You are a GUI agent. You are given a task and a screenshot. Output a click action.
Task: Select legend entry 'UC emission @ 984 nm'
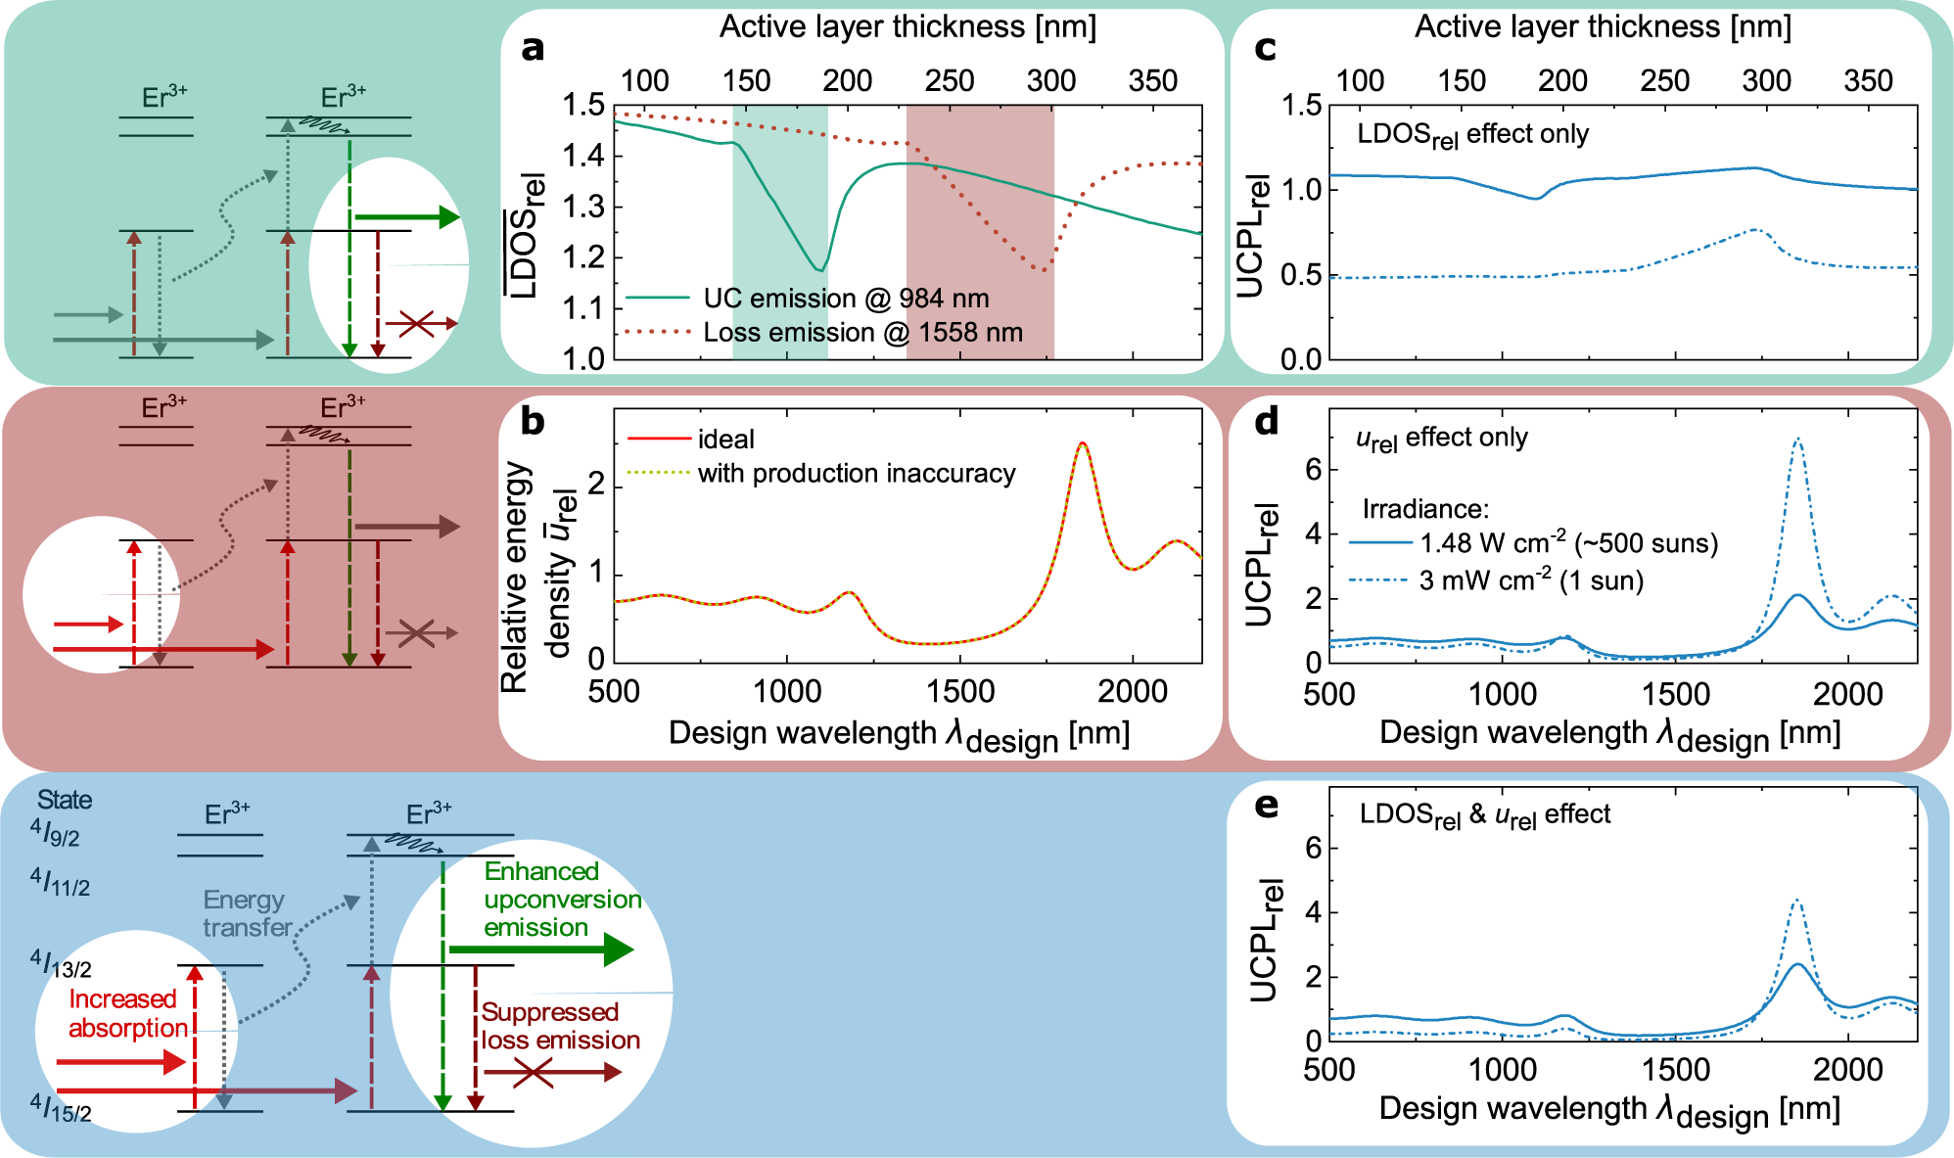(x=845, y=298)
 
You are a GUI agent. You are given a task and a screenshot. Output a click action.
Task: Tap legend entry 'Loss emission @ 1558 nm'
(x=861, y=332)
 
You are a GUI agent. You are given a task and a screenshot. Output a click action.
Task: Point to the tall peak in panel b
(x=1082, y=445)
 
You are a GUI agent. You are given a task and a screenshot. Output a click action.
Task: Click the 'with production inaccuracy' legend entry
(x=856, y=473)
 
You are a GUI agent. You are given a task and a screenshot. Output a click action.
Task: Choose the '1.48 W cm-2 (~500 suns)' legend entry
(x=1568, y=542)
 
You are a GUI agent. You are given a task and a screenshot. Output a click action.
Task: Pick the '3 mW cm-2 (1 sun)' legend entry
(x=1530, y=580)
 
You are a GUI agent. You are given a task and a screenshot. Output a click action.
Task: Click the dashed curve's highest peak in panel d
(x=1797, y=440)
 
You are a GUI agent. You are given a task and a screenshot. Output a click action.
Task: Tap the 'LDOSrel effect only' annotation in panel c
(x=1472, y=135)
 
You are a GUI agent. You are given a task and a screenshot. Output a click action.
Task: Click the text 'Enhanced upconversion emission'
(x=561, y=899)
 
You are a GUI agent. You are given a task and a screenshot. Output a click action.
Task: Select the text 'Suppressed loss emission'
(x=559, y=1025)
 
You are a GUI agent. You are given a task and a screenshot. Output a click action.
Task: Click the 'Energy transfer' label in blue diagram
(x=246, y=912)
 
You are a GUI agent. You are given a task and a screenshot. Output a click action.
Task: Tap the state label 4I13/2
(x=61, y=963)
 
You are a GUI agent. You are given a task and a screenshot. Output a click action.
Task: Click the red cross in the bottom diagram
(x=533, y=1073)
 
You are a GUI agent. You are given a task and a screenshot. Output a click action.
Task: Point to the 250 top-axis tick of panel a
(x=949, y=81)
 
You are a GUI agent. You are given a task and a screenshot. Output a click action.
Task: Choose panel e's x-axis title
(x=1609, y=1110)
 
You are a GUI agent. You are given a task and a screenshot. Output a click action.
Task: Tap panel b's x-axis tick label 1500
(x=959, y=691)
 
